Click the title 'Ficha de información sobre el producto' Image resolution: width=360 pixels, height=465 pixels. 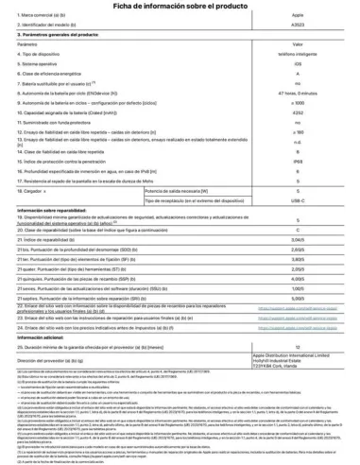(180, 8)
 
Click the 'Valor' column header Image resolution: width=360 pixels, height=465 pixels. (297, 44)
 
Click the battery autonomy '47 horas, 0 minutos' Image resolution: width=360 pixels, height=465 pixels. (297, 91)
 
